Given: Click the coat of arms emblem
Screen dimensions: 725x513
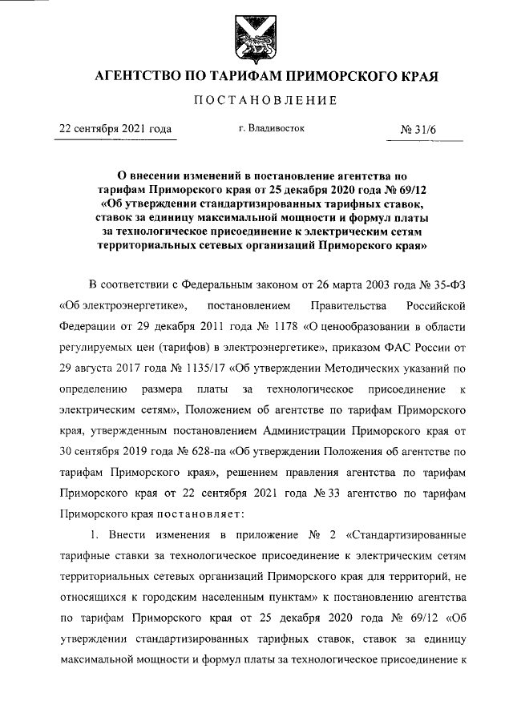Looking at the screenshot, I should [256, 36].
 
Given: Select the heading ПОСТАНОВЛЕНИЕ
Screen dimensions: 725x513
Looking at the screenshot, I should [256, 102].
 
